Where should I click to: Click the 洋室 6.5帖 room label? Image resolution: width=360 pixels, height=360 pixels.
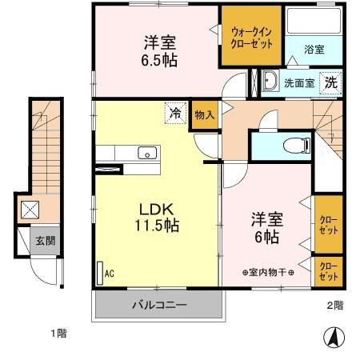click(160, 50)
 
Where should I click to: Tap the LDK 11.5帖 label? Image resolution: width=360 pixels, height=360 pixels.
click(158, 215)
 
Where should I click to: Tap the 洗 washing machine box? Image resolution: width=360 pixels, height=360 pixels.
click(330, 81)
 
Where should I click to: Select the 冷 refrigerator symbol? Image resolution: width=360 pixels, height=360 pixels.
click(174, 114)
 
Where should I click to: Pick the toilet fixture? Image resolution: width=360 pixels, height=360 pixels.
click(296, 146)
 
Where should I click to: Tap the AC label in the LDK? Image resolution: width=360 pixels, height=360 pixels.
click(110, 273)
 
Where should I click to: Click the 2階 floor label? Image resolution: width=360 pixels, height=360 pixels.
click(334, 306)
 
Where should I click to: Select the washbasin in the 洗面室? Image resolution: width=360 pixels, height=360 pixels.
click(270, 81)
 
